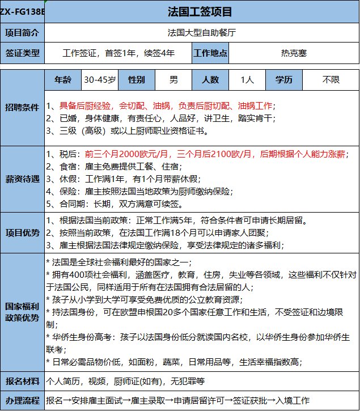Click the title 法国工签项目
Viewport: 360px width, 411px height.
(201, 11)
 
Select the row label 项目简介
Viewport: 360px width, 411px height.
(23, 32)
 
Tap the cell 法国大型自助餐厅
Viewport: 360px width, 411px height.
(201, 32)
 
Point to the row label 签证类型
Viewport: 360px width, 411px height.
(23, 54)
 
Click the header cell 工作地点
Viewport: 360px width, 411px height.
(210, 54)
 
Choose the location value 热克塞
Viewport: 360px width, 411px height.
(294, 54)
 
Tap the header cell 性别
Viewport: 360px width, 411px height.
(137, 80)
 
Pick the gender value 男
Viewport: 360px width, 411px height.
(173, 80)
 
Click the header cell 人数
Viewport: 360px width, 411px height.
(210, 80)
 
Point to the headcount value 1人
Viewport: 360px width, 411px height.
(247, 80)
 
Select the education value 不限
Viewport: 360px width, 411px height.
(331, 80)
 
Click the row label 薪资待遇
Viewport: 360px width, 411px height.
(23, 179)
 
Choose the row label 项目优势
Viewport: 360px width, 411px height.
(23, 232)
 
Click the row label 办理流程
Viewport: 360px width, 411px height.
(23, 400)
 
